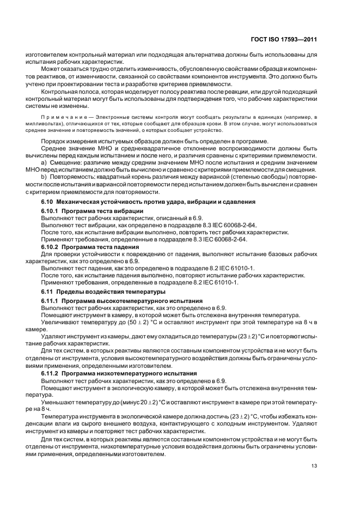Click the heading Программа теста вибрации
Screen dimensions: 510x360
click(102, 210)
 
